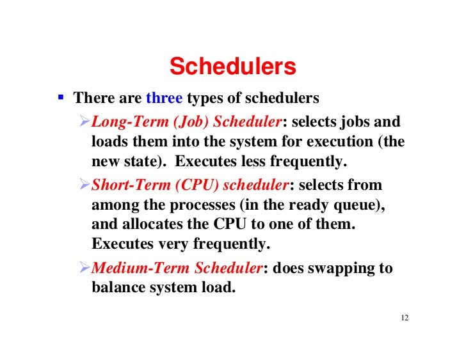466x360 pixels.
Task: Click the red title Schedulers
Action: (x=232, y=67)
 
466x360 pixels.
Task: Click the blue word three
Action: (x=165, y=99)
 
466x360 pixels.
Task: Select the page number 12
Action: (x=403, y=318)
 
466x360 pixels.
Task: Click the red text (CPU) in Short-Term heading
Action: (x=186, y=185)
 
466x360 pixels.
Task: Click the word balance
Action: (x=117, y=288)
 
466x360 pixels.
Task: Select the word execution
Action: (x=343, y=141)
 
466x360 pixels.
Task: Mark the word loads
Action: (x=109, y=141)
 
